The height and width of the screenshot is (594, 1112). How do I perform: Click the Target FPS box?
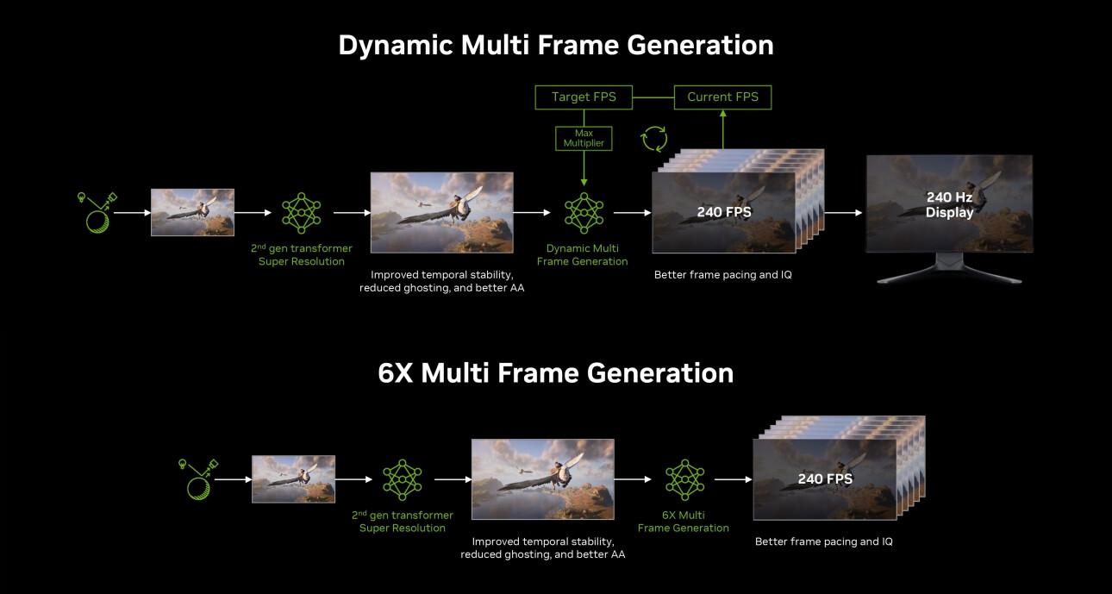[x=584, y=97]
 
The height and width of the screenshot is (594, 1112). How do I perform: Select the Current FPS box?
[x=722, y=97]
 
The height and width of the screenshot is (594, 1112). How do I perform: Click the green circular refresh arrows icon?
[x=653, y=139]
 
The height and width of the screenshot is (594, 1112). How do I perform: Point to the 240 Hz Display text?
[x=949, y=204]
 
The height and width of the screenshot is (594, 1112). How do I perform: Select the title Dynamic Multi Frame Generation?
[x=555, y=45]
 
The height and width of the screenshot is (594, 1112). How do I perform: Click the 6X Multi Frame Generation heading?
[x=555, y=372]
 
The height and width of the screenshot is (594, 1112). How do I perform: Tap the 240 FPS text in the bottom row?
[x=825, y=478]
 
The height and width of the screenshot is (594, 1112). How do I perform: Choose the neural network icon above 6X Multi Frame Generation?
[x=684, y=479]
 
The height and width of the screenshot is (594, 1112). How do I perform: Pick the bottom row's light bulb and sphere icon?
[x=202, y=478]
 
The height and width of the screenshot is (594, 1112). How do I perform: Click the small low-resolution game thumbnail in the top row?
[x=192, y=212]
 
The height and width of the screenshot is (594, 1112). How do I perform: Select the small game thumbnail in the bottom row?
[x=293, y=478]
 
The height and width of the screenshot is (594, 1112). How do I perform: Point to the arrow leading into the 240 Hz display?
[x=843, y=212]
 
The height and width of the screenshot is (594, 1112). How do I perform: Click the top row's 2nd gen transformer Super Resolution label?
[x=301, y=254]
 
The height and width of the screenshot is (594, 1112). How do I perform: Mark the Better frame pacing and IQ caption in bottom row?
[x=823, y=541]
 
